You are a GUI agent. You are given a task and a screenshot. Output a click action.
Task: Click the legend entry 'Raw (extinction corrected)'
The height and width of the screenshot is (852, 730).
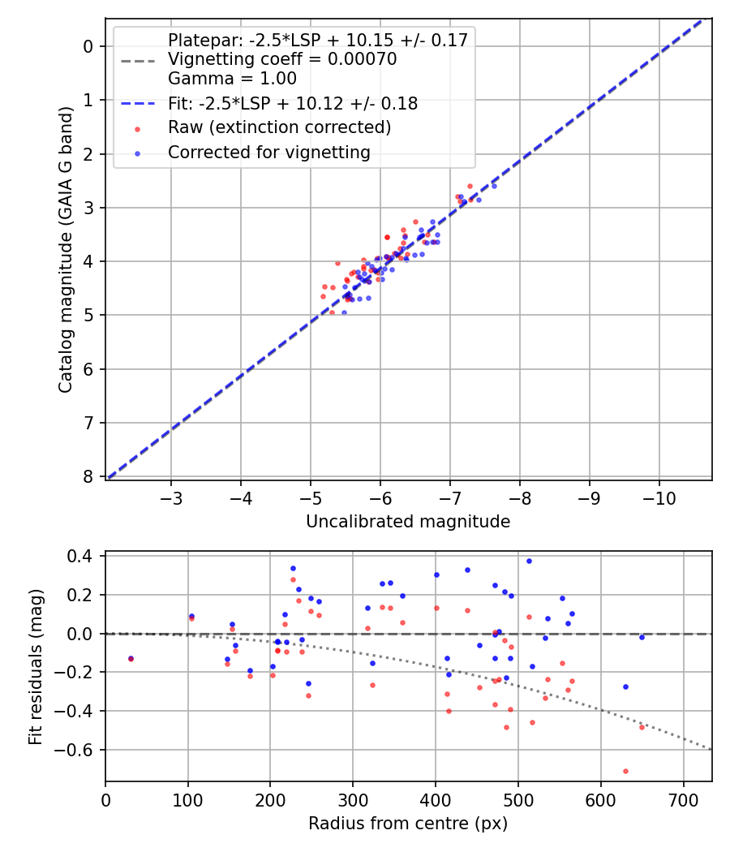point(279,127)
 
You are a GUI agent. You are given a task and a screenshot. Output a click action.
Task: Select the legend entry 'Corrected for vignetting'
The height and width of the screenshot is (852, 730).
point(268,152)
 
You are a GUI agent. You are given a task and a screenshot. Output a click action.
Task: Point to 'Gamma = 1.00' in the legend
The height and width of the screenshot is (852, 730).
point(232,79)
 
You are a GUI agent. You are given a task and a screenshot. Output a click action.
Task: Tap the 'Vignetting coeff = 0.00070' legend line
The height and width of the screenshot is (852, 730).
point(281,59)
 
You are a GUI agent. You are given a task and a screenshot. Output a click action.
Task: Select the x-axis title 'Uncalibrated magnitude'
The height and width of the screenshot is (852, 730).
point(408,522)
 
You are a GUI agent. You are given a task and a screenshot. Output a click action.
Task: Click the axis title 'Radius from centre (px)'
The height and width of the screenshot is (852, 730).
point(408,824)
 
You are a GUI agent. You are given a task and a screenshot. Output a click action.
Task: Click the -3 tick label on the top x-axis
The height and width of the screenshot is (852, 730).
point(170,497)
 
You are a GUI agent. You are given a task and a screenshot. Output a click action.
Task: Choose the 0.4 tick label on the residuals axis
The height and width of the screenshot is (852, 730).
point(84,556)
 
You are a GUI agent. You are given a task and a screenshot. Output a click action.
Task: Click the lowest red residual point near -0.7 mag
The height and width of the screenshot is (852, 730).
point(625,771)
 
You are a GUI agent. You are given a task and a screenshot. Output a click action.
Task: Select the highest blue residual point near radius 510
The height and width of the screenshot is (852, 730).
point(529,561)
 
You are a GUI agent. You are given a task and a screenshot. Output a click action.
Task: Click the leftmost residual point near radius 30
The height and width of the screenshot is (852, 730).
point(131,658)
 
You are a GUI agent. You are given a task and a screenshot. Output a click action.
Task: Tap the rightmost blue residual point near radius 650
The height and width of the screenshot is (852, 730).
point(642,637)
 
